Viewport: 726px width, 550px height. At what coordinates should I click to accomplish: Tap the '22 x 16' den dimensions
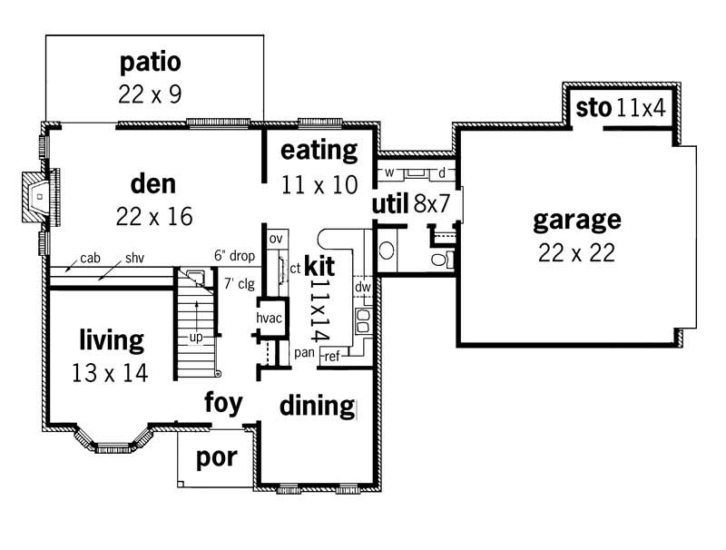(154, 216)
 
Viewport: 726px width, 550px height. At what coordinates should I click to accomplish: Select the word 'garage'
(576, 220)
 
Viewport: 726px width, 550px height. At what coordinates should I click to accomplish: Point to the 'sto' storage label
(593, 108)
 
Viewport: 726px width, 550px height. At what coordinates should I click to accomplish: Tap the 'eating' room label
(319, 150)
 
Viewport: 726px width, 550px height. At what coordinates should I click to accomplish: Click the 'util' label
(390, 203)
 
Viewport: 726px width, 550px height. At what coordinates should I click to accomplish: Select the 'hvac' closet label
(270, 319)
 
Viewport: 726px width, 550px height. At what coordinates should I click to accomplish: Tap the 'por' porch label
(217, 457)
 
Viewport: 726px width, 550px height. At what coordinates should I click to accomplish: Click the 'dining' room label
(316, 405)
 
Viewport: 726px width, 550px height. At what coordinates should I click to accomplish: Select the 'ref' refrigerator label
(332, 357)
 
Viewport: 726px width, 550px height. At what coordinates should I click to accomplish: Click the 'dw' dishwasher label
(363, 288)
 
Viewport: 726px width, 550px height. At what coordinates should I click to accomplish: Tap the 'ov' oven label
(274, 239)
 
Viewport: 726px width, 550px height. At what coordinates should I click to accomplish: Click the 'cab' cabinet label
(90, 258)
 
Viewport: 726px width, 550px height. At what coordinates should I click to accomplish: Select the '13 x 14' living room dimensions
(111, 372)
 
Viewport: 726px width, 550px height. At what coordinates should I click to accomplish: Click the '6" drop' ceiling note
(234, 257)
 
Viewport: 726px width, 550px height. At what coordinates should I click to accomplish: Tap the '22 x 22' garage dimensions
(576, 253)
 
